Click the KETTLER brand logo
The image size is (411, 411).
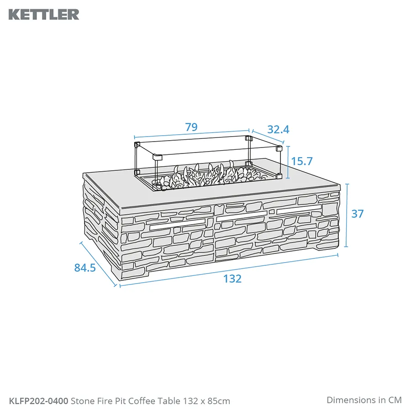click(44, 14)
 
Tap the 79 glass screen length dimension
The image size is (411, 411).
click(191, 127)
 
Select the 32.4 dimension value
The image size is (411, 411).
click(278, 130)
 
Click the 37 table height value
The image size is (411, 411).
click(357, 213)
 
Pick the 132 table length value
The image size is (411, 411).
click(232, 279)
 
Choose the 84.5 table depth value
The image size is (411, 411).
click(85, 268)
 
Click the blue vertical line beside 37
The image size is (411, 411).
click(347, 215)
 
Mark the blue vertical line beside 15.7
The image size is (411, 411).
click(288, 162)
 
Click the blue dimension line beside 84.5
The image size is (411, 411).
click(98, 264)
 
